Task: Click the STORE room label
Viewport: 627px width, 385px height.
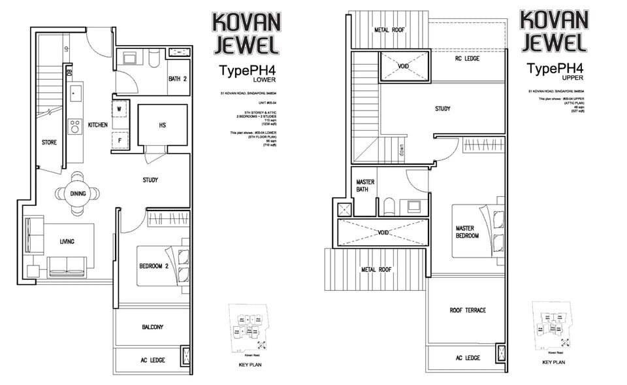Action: tap(48, 142)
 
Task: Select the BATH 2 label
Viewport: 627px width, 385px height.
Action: tap(177, 79)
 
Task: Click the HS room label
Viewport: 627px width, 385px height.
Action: tap(163, 126)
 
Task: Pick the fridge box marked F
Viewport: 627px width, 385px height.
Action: tap(120, 140)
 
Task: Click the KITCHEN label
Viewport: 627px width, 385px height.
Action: tap(98, 124)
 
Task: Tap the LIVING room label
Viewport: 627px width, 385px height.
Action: tap(67, 242)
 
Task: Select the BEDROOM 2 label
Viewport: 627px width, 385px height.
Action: tap(154, 266)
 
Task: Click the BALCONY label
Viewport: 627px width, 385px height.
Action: tap(152, 327)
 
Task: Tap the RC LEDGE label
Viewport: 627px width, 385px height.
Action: tap(467, 59)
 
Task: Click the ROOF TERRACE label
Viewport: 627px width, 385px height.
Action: tap(467, 310)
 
